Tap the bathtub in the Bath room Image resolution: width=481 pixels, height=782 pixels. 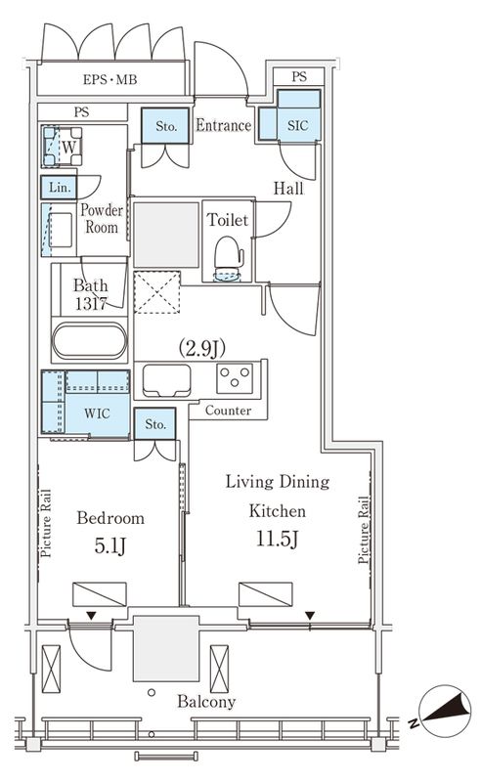(90, 340)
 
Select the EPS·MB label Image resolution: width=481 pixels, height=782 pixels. (109, 79)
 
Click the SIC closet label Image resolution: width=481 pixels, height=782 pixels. (298, 125)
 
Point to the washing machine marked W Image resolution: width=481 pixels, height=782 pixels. (63, 147)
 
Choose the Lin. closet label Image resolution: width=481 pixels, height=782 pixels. (60, 188)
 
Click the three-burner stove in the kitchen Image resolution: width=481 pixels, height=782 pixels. (235, 378)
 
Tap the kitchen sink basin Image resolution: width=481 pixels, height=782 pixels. (166, 380)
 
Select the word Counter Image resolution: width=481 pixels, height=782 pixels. (228, 411)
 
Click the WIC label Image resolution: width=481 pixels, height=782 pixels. (98, 413)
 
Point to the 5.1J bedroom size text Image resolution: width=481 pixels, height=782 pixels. (110, 546)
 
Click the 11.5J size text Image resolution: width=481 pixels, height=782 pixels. (278, 540)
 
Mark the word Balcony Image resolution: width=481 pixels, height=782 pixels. (206, 702)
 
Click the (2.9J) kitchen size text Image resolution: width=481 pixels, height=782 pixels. (201, 348)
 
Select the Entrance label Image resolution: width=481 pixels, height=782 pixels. (223, 125)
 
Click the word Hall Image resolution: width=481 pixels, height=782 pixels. (288, 189)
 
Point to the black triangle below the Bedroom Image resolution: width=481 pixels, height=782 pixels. (91, 617)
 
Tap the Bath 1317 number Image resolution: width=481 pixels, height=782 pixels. (91, 303)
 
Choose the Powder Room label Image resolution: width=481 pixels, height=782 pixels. (102, 218)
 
